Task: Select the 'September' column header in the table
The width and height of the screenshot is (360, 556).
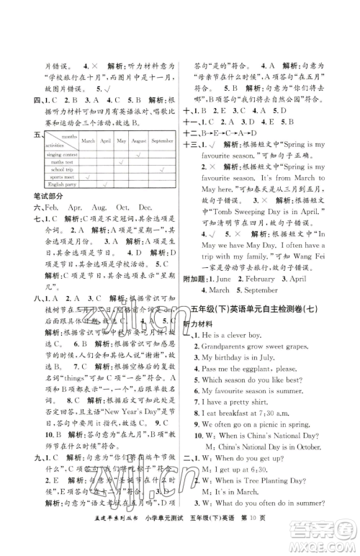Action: pyautogui.click(x=163, y=141)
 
